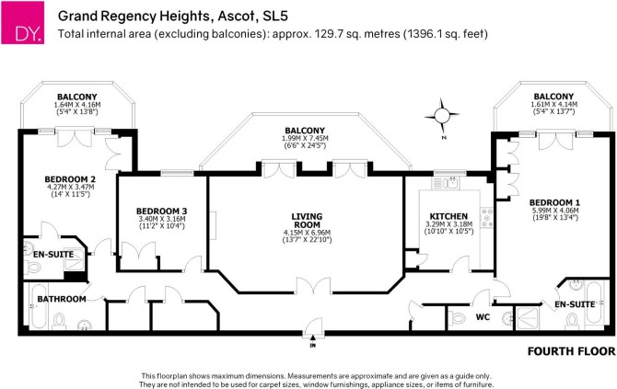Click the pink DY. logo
(22, 22)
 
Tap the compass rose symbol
(442, 116)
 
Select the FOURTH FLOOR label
(571, 351)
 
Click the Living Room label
(307, 221)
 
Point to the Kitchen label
(448, 216)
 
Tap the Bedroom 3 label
(162, 212)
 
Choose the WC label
(483, 316)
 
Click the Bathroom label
(62, 299)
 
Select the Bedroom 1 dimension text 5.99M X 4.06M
(555, 211)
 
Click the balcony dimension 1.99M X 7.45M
(305, 138)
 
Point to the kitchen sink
(446, 183)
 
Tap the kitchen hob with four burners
(487, 217)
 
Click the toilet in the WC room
(458, 317)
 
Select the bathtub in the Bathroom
(39, 306)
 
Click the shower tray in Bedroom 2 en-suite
(74, 259)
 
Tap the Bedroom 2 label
(70, 179)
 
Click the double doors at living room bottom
(314, 286)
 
